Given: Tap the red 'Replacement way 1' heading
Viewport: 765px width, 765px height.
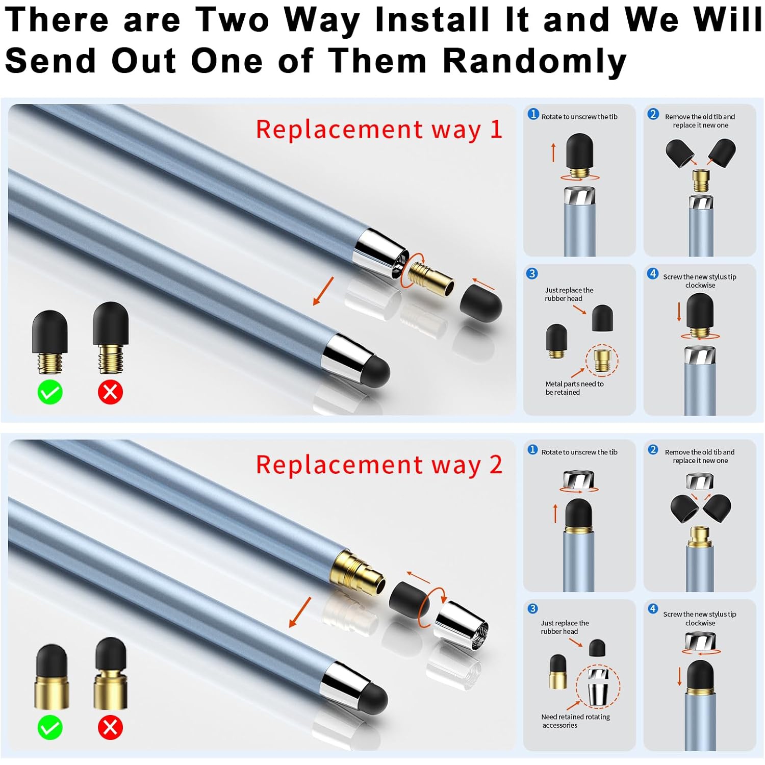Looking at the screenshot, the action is tap(379, 130).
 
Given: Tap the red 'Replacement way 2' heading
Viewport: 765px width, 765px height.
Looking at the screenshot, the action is tap(379, 465).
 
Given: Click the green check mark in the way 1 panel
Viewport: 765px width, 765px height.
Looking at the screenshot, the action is tap(50, 392).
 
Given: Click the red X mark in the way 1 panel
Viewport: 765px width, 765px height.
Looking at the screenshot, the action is tap(110, 392).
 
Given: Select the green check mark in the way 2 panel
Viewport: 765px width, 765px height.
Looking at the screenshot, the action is tap(50, 728).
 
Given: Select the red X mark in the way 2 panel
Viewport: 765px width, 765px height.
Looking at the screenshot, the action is tap(110, 728).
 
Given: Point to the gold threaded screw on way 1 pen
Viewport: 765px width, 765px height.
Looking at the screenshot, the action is tap(432, 278).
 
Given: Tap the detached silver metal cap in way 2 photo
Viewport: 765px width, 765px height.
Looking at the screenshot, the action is tap(462, 626).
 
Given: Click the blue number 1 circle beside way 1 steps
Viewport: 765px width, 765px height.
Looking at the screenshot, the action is tap(533, 114).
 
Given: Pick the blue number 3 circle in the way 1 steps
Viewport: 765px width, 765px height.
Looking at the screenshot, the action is tap(532, 273).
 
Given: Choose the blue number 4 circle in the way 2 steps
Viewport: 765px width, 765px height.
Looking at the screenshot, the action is tap(653, 608).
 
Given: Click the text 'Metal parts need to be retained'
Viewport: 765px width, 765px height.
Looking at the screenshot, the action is tap(574, 388).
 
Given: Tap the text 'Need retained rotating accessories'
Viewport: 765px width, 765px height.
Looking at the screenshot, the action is tap(575, 721).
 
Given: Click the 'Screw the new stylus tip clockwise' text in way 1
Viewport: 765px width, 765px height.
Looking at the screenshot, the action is tap(700, 281).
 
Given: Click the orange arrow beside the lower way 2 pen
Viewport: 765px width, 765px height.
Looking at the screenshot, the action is tap(300, 612).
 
